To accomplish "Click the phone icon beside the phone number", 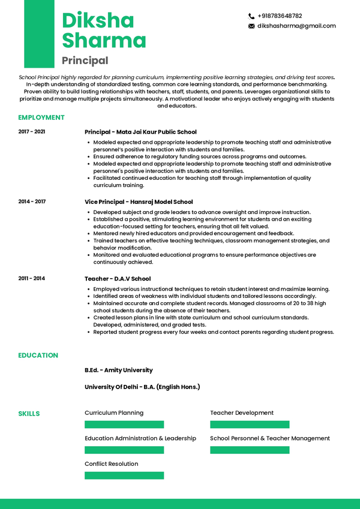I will click(251, 16).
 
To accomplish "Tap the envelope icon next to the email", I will click(251, 26).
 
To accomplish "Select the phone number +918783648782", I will click(280, 16).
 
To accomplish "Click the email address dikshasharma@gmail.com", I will click(296, 26).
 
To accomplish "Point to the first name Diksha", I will click(98, 20).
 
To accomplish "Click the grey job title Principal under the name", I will click(85, 60).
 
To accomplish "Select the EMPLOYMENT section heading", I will click(41, 118).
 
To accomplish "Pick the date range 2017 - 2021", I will click(32, 131).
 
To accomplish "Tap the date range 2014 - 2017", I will click(32, 201).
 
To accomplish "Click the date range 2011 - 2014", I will click(32, 278).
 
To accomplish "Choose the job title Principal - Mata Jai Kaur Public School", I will click(140, 132).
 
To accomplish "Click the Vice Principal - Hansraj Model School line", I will click(139, 202).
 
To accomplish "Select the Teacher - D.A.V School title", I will click(118, 279).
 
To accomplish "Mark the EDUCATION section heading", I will click(38, 356).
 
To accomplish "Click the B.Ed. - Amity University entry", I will click(119, 371).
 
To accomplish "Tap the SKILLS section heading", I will click(29, 414).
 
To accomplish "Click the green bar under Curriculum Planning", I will click(124, 424).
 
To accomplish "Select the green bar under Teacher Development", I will click(250, 424).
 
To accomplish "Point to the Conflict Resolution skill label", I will click(112, 464).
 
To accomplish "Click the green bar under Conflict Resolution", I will click(124, 475).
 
